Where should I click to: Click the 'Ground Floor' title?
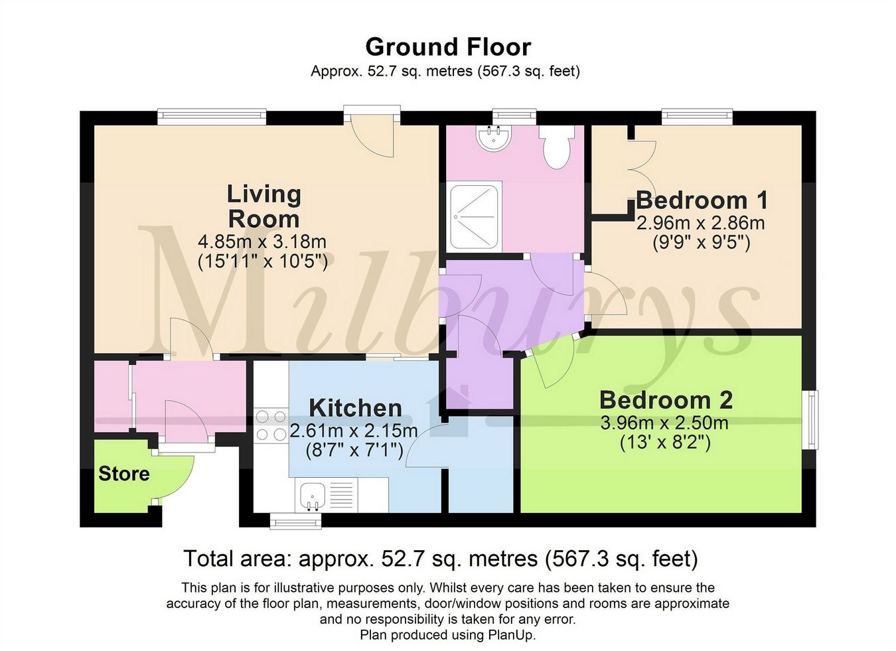(x=448, y=47)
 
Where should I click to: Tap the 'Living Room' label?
(x=263, y=206)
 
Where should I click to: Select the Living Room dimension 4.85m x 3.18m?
(x=262, y=242)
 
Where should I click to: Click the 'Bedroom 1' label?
(x=702, y=200)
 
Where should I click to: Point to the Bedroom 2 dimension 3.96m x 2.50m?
(x=664, y=423)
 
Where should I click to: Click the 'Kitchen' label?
(x=356, y=407)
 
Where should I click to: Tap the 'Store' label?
(x=124, y=474)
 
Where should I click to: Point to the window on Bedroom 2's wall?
(x=810, y=419)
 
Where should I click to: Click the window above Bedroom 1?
(x=697, y=117)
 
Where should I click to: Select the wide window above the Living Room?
(x=212, y=117)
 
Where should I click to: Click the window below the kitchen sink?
(x=297, y=522)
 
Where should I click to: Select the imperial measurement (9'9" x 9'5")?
(x=701, y=243)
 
